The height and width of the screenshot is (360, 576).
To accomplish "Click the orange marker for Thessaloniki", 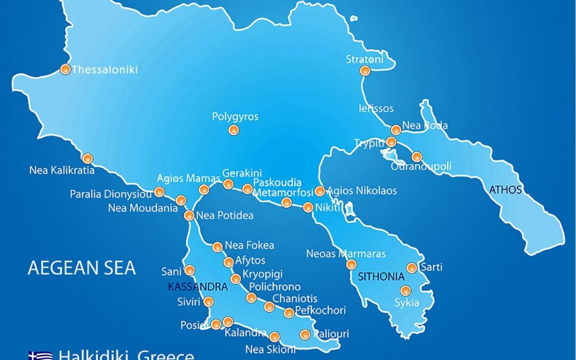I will click(x=66, y=69).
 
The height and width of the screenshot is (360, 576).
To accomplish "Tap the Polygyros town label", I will click(x=235, y=116).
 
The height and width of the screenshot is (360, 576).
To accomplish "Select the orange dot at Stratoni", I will click(x=365, y=70).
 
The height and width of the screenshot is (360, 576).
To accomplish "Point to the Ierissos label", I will click(x=376, y=108).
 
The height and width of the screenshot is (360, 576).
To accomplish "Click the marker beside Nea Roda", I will click(x=396, y=130).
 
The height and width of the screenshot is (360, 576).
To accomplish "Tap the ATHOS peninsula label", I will click(x=506, y=189).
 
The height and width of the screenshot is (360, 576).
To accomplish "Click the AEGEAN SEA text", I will click(x=82, y=267).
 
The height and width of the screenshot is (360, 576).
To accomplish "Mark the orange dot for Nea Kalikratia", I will click(x=88, y=158).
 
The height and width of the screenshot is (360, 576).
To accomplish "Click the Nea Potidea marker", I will click(x=189, y=215).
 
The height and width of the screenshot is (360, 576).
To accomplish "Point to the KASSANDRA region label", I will click(x=198, y=287).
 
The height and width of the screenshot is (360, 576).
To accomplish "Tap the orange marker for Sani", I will click(x=189, y=270).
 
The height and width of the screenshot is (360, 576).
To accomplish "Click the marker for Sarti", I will click(x=412, y=268).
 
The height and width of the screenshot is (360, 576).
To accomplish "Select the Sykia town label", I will click(x=406, y=303).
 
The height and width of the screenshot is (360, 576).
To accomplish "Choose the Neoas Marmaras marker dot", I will click(x=351, y=264).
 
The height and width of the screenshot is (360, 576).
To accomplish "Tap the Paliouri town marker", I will click(x=305, y=334).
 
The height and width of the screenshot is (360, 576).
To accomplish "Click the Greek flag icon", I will click(x=41, y=355).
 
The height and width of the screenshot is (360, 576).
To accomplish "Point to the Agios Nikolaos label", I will click(x=362, y=190).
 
